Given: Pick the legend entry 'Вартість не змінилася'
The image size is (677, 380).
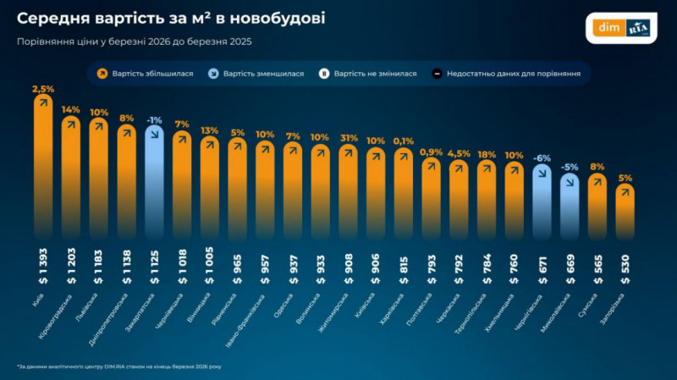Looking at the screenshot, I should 367,74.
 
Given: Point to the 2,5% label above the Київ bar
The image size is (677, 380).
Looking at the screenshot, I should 43,89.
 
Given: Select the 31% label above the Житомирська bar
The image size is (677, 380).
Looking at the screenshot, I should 348,139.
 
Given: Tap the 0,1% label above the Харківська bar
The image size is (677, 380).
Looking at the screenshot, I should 404,141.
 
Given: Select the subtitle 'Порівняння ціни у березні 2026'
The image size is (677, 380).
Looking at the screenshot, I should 134,40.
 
